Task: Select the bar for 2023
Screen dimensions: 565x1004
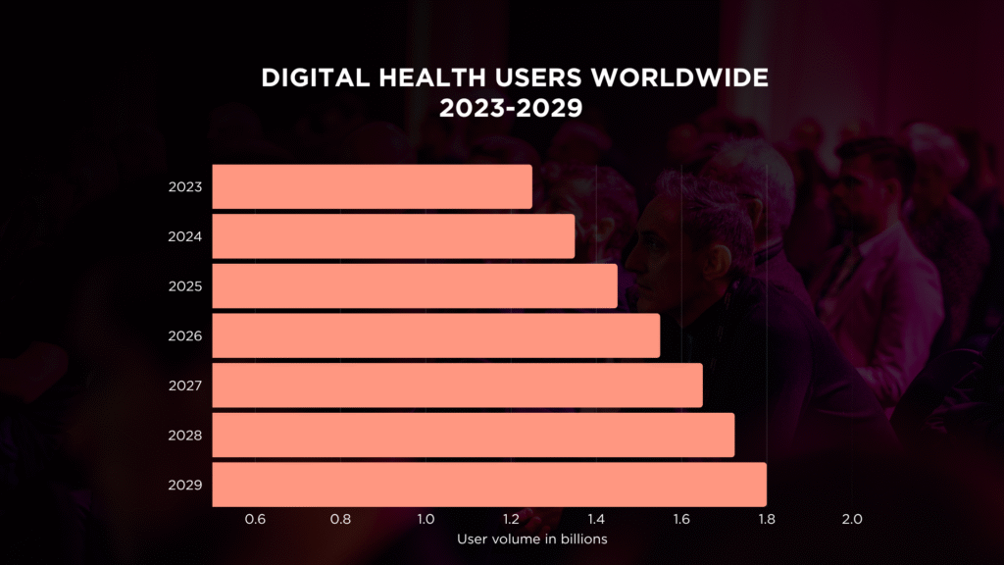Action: click(372, 186)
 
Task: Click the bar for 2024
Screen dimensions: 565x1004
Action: click(393, 236)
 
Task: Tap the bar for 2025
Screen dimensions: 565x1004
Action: click(415, 286)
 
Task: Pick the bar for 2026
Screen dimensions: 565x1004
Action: click(435, 335)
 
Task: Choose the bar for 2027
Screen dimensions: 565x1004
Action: click(457, 385)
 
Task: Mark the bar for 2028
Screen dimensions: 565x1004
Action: click(473, 436)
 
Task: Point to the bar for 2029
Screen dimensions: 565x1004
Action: click(488, 485)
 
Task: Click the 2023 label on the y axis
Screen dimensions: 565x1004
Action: click(185, 186)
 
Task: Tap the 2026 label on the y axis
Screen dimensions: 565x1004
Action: click(185, 335)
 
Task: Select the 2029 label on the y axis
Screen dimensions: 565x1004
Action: click(185, 485)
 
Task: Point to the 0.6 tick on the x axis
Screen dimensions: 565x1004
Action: click(255, 519)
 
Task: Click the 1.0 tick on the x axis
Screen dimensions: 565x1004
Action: click(426, 519)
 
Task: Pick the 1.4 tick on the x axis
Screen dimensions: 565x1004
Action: click(595, 519)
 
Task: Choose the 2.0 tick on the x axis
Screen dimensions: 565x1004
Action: click(851, 519)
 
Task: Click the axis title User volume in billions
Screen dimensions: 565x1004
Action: click(532, 539)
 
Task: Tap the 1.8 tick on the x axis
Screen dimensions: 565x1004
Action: click(766, 519)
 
